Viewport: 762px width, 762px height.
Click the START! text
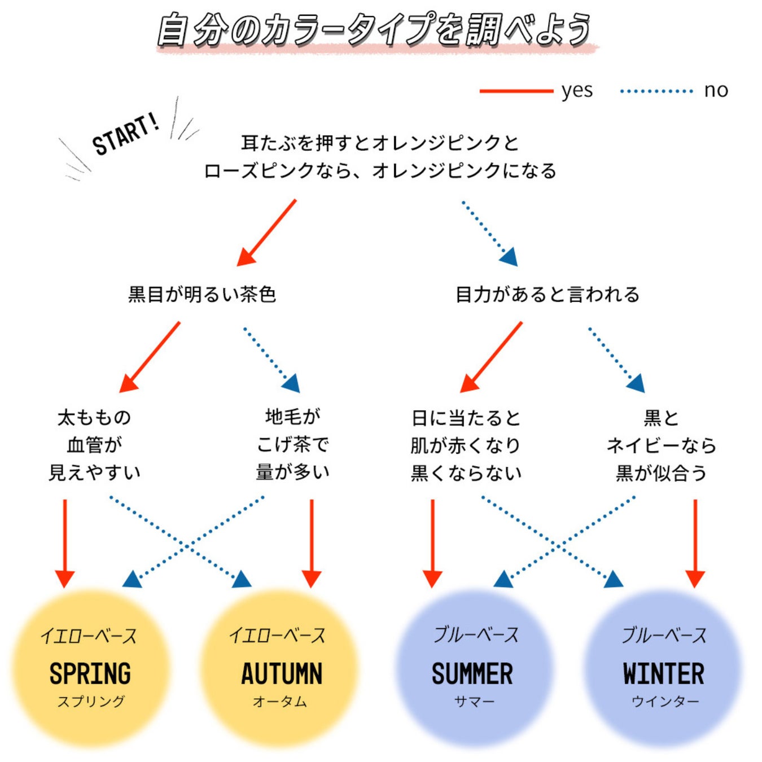pos(125,134)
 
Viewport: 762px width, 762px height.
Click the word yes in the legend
pos(577,91)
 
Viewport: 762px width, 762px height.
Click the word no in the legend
pos(716,90)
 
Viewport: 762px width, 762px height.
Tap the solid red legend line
pos(516,91)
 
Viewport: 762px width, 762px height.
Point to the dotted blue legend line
pos(656,91)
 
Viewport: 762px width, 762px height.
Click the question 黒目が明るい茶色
pos(202,294)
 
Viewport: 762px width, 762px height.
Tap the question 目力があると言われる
pos(547,294)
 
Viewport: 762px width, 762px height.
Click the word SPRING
pos(90,673)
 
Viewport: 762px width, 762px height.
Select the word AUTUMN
pos(282,673)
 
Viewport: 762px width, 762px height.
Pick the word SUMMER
pos(472,673)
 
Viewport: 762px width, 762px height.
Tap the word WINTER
pos(664,673)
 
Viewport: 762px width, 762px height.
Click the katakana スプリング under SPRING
pos(91,702)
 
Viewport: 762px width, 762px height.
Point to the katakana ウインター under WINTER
pos(665,702)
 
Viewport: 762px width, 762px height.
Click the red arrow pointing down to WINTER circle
pos(695,542)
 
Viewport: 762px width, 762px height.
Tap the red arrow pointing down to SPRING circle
pos(65,542)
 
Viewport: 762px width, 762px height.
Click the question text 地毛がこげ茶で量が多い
pos(292,445)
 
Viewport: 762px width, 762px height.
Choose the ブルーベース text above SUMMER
pos(476,635)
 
